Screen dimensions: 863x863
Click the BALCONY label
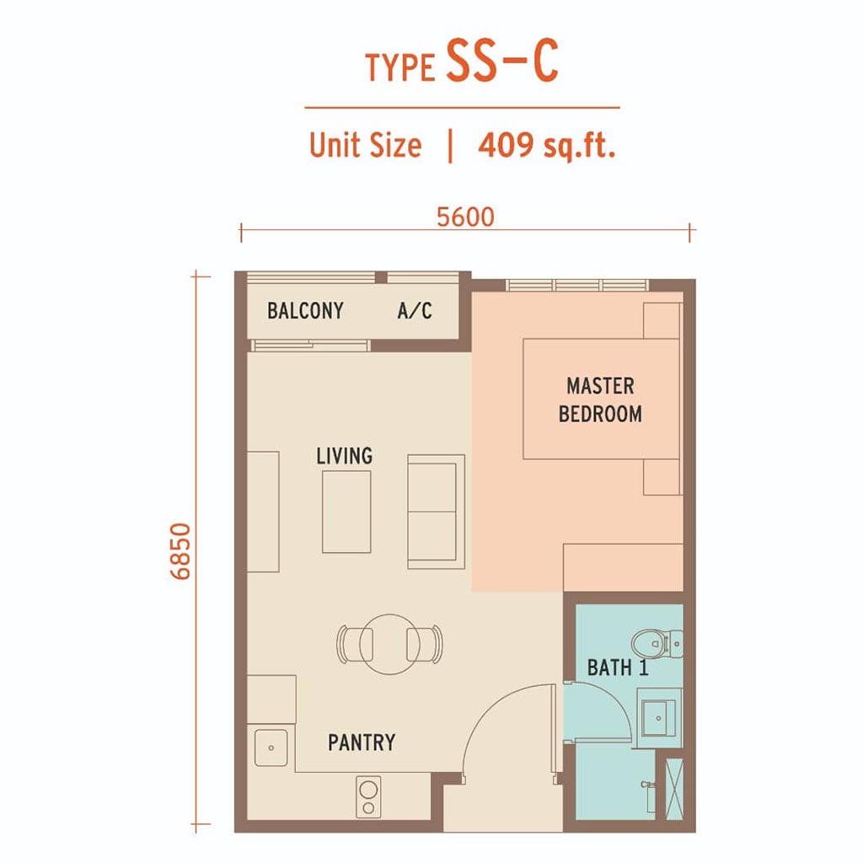pos(305,311)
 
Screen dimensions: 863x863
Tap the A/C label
pos(415,311)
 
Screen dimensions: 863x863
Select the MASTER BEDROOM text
pos(600,400)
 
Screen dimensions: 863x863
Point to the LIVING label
pos(344,456)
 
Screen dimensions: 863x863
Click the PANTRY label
pos(362,742)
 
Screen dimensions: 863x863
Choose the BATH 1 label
pos(618,667)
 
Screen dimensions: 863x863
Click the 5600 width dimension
pos(465,217)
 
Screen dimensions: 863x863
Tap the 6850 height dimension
pos(180,551)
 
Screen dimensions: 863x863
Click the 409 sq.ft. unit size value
pos(546,145)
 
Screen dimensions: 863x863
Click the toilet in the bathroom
pos(657,643)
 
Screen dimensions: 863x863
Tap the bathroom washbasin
pos(658,718)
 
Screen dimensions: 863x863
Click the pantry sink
pos(271,748)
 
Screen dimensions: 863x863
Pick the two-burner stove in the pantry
pos(368,797)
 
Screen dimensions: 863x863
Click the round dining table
pos(389,644)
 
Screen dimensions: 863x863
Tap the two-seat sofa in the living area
pos(436,512)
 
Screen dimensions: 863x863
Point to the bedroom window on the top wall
pos(576,285)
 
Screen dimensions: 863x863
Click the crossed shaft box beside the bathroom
pos(674,789)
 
